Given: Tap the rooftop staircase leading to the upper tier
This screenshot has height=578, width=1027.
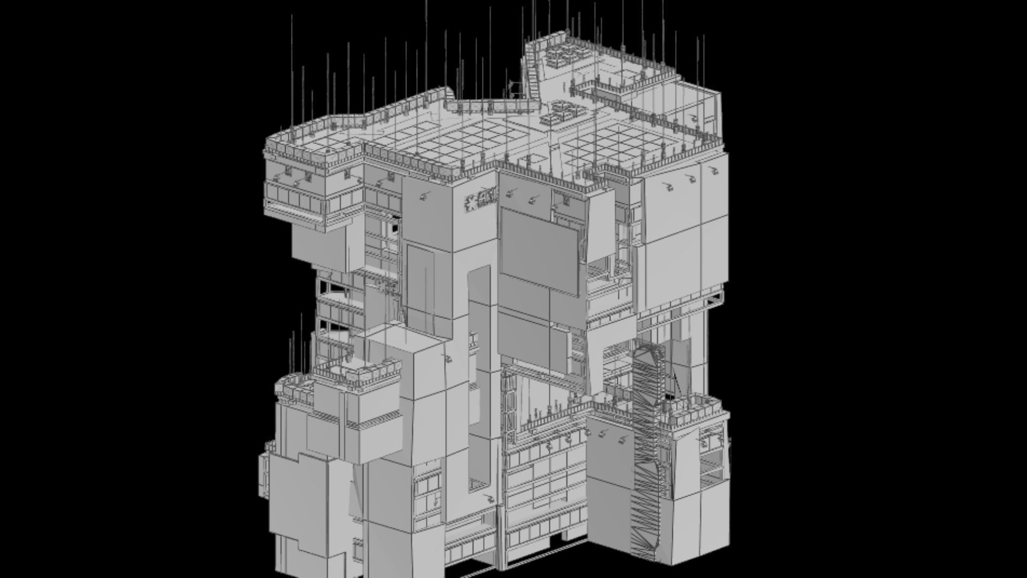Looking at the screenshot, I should (x=532, y=72).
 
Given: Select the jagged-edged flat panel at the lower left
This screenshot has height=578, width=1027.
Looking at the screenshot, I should (x=300, y=498).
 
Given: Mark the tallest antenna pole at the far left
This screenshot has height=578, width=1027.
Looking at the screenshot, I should (x=292, y=70).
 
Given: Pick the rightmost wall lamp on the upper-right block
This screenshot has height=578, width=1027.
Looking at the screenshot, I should (x=712, y=171).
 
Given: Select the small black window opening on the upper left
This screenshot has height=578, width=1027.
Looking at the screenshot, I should (x=395, y=227).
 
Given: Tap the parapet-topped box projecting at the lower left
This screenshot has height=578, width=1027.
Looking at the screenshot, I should (x=374, y=396).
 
